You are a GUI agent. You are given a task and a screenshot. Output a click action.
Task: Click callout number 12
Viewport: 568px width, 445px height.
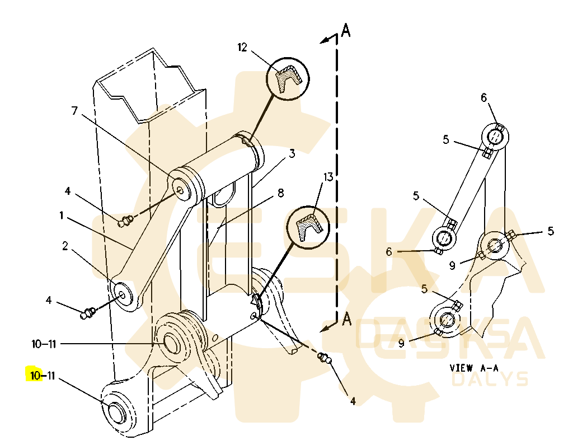click(x=242, y=48)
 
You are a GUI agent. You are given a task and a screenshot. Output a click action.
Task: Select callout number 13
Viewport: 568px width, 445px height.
click(x=327, y=177)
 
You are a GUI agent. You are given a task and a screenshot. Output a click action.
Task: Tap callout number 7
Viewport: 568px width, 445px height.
click(x=74, y=111)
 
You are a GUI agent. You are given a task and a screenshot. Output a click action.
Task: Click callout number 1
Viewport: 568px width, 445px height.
click(x=61, y=214)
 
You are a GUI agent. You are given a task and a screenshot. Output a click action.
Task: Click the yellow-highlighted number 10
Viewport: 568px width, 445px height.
click(x=35, y=376)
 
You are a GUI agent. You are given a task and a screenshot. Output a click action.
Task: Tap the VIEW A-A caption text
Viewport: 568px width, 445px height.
click(x=473, y=368)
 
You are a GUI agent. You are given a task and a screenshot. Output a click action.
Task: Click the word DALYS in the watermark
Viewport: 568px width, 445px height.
click(x=490, y=380)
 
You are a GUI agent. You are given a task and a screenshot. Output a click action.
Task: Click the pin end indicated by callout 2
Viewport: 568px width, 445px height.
click(x=121, y=293)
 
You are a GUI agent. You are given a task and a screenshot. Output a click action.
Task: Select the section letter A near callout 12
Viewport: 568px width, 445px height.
click(x=346, y=30)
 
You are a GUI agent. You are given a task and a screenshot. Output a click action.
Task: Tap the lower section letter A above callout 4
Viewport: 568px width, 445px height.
click(x=347, y=320)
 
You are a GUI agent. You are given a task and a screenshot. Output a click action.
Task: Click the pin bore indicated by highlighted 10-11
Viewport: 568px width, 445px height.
click(x=115, y=412)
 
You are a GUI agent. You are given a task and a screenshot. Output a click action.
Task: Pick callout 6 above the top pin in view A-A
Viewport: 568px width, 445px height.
click(x=484, y=98)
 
